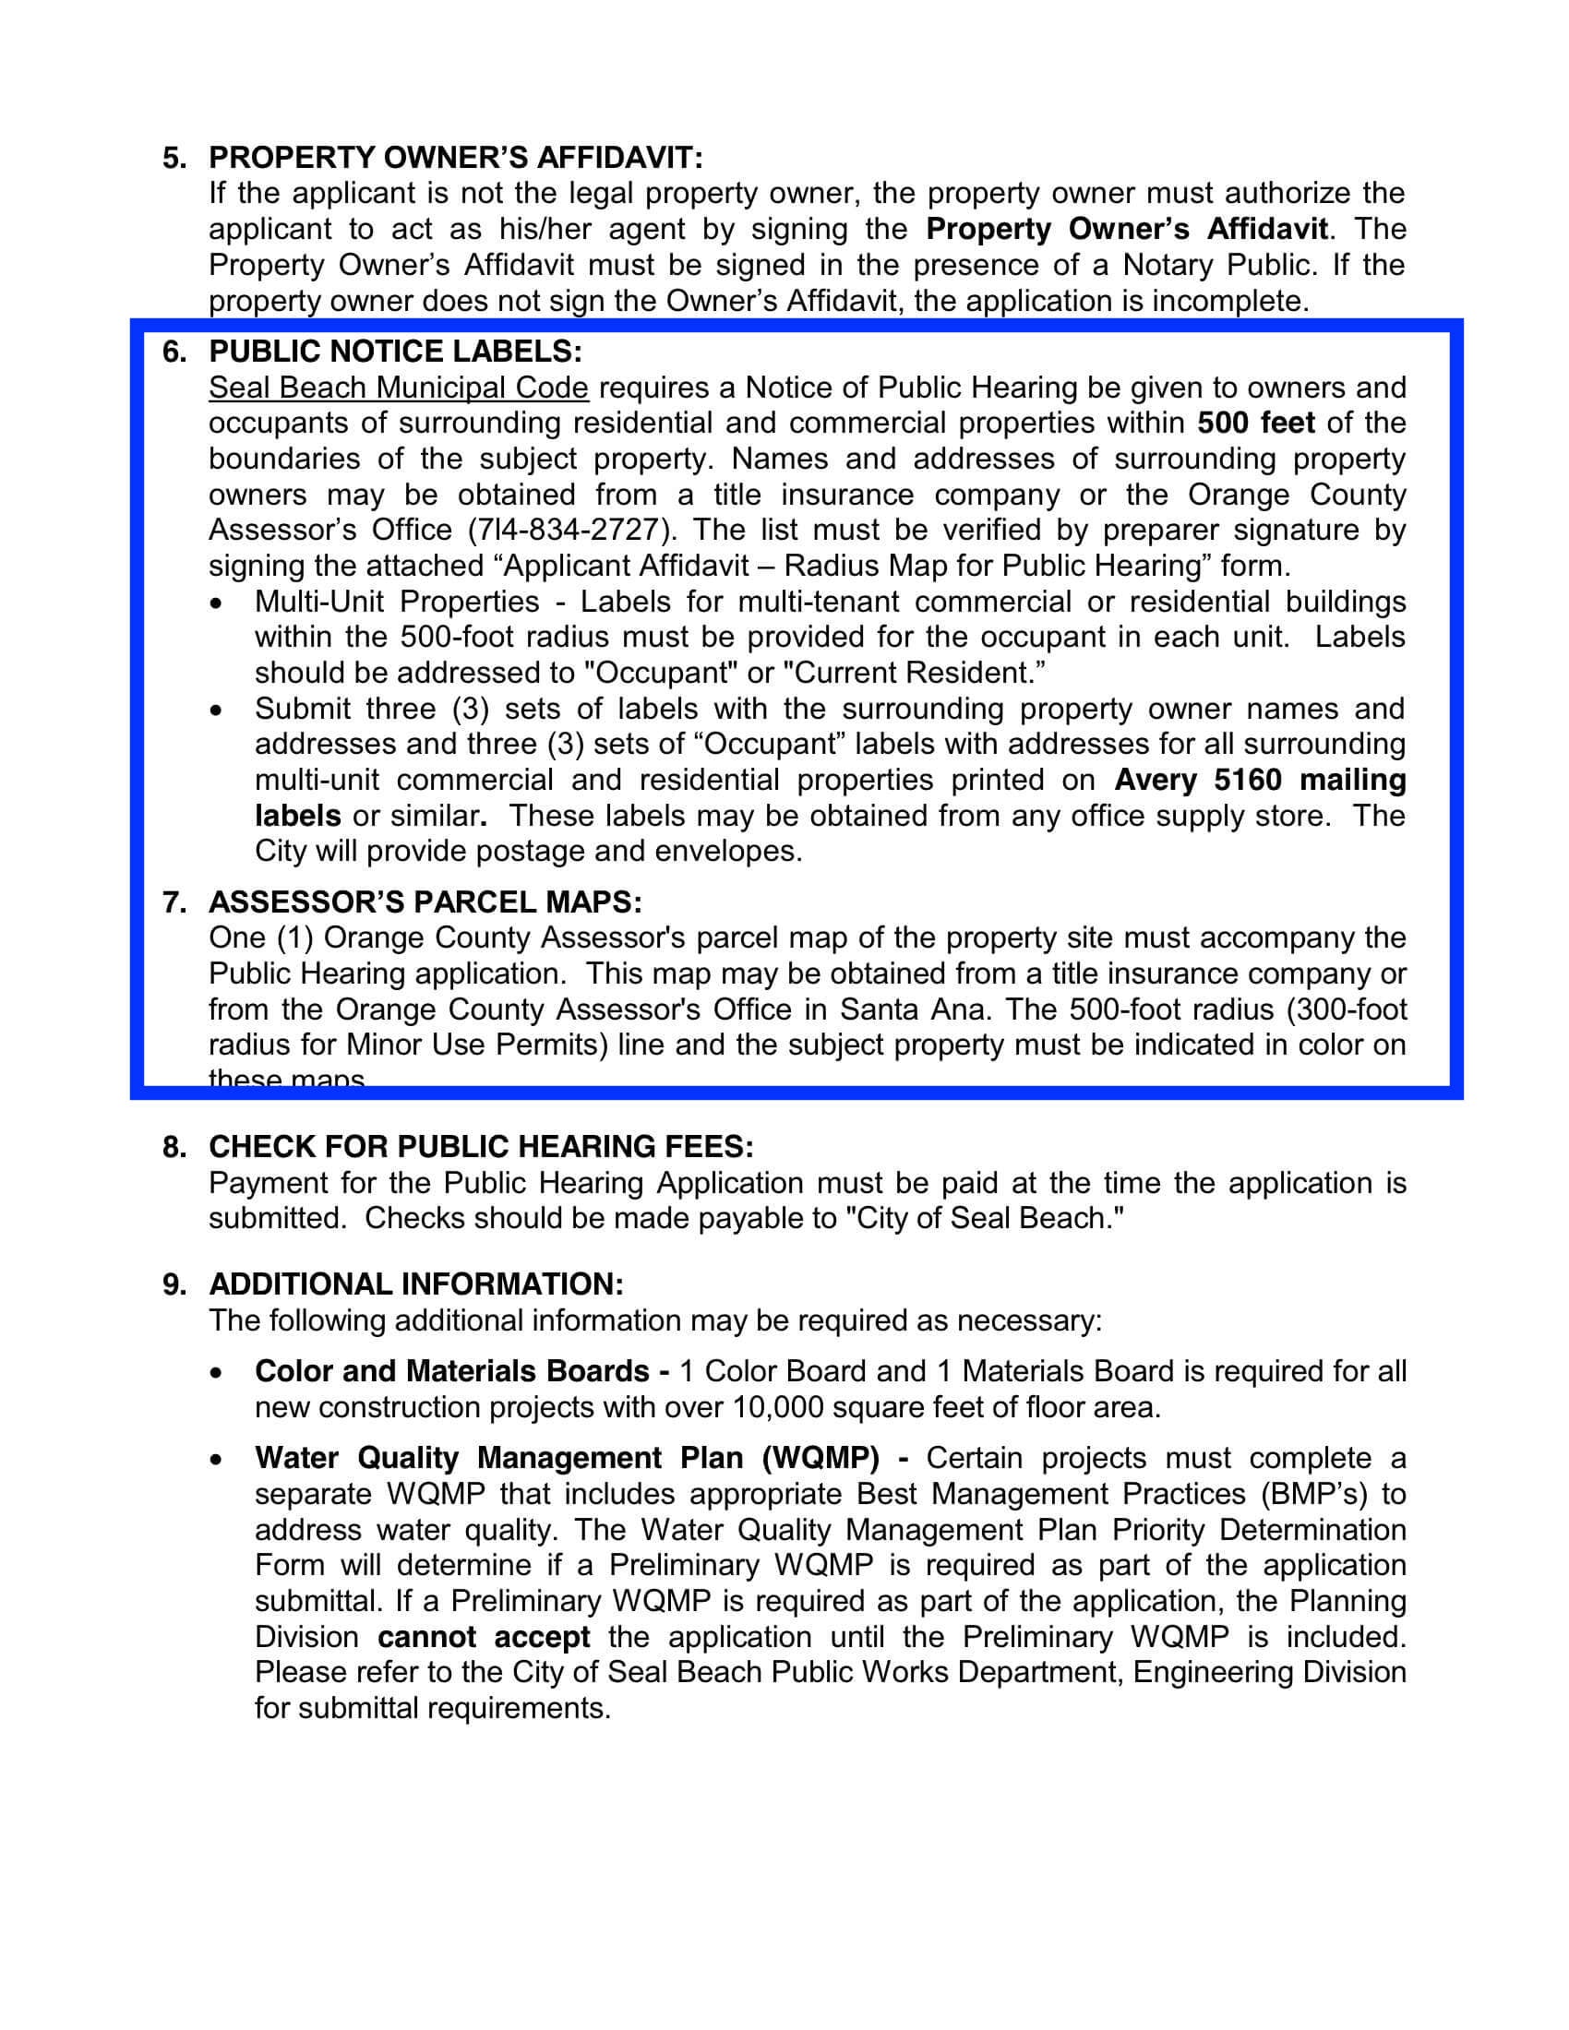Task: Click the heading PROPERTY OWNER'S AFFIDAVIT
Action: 455,158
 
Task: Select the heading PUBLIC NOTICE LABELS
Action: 396,352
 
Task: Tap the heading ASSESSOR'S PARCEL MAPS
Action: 425,902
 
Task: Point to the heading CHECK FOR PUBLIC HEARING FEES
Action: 481,1147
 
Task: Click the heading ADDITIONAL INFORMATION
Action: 415,1284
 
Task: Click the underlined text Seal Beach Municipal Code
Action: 398,388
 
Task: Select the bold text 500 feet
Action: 1256,423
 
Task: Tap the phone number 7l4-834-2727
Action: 569,530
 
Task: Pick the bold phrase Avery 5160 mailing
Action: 1260,780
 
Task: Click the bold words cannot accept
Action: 484,1637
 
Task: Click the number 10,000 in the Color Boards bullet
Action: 778,1407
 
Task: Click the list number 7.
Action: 172,902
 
